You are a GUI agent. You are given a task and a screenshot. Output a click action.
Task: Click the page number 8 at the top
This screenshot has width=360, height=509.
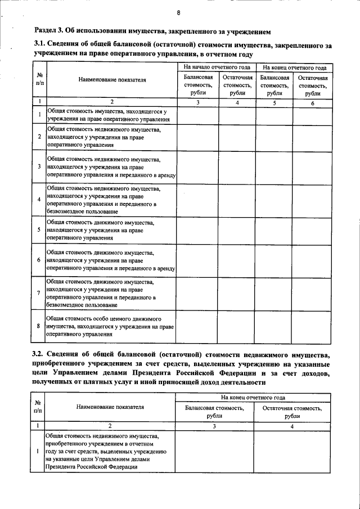[178, 12]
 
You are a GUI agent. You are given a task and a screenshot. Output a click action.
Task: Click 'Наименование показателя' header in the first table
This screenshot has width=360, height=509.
[112, 80]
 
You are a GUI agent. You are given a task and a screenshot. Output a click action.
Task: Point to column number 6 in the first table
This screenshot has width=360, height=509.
[313, 102]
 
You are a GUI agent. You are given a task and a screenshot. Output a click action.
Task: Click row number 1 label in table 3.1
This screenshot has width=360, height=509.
[38, 115]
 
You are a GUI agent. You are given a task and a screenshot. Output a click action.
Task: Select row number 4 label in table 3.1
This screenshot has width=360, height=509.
[38, 200]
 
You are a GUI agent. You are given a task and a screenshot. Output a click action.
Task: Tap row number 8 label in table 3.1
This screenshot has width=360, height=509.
[38, 326]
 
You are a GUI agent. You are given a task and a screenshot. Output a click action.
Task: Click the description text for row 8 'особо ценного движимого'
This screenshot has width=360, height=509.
[110, 326]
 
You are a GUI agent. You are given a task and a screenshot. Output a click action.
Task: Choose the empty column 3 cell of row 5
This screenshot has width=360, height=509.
[197, 230]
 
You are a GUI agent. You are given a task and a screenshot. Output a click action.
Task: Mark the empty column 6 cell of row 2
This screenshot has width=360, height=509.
[313, 137]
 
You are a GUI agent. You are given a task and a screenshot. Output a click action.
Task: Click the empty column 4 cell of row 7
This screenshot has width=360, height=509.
[237, 292]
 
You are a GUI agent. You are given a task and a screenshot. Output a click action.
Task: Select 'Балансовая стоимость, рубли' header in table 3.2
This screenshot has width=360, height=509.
[214, 412]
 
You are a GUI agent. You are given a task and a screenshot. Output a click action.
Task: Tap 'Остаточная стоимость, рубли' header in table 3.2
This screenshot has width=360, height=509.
[292, 412]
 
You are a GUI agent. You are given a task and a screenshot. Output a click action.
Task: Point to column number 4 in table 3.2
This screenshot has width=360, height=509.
[292, 426]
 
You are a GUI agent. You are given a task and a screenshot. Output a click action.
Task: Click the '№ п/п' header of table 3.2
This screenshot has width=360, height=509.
[37, 407]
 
